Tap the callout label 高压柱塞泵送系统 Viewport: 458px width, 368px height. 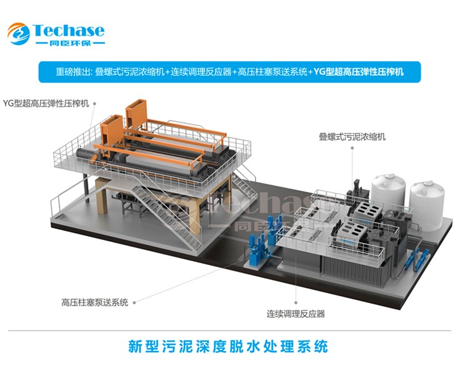(x=94, y=302)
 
